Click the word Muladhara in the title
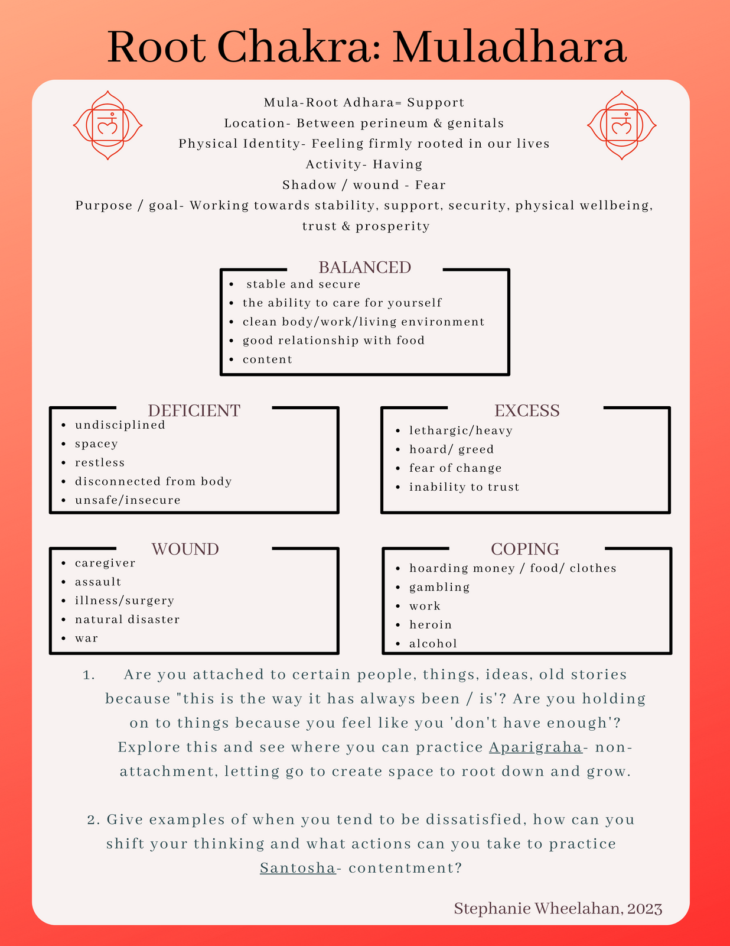coord(509,47)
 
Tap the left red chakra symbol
coord(107,125)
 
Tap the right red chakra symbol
coord(621,125)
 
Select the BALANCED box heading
coord(364,267)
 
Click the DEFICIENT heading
coord(194,410)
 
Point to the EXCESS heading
coord(527,410)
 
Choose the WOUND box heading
coord(185,549)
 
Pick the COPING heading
coord(525,549)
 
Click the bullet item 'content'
coord(267,359)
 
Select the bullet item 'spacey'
coord(96,443)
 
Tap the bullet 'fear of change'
coord(455,468)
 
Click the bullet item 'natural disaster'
coord(127,619)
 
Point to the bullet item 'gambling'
coord(439,587)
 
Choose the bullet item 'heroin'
coord(431,625)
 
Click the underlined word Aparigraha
coord(536,747)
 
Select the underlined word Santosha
coord(298,868)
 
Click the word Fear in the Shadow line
coord(430,185)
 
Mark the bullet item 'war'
coord(86,638)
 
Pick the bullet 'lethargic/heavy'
coord(461,430)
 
